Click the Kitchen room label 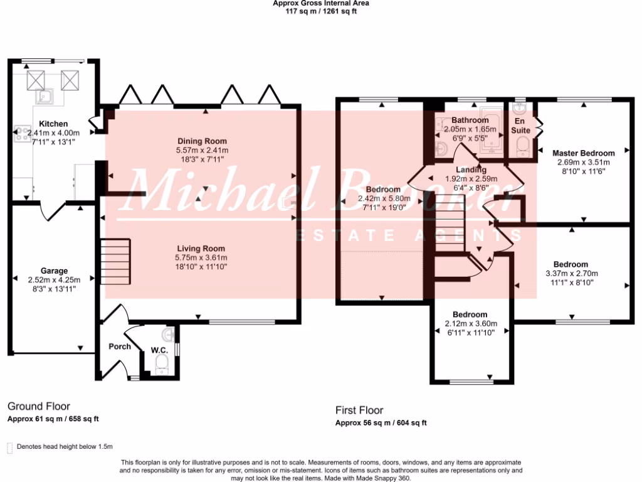53,124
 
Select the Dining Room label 202,141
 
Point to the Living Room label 201,249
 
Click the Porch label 120,346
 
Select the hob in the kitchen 21,134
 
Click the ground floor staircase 115,261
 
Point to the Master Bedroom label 583,153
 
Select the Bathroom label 470,120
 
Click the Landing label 470,169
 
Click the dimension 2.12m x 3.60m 470,324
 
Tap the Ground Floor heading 39,407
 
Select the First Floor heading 359,410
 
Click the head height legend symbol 9,447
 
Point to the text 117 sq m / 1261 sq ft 320,10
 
